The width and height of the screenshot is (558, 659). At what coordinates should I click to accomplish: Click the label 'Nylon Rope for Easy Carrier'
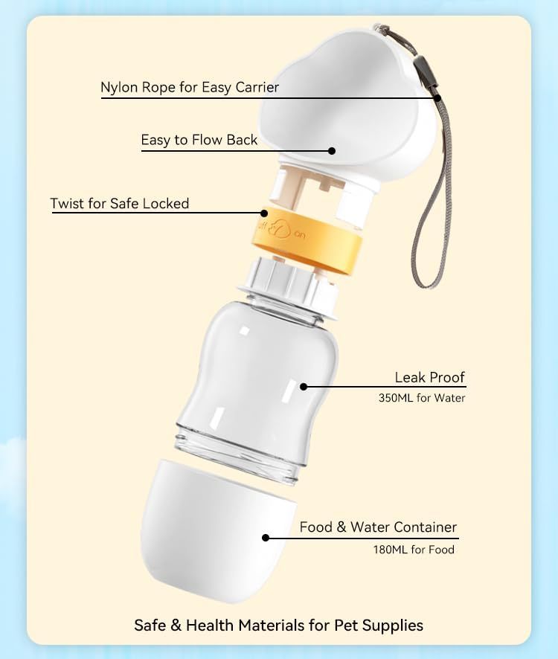pos(190,88)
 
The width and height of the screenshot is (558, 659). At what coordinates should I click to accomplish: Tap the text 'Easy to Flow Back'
pos(199,140)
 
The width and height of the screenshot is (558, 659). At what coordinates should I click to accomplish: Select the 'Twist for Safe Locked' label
pos(120,203)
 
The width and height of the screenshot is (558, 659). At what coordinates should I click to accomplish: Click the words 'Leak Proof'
pos(430,378)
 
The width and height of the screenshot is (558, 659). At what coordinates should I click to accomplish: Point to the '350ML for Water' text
pos(422,398)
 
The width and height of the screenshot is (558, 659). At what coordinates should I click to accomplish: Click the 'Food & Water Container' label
pos(378,527)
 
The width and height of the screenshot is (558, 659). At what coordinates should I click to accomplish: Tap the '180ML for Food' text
pos(414,550)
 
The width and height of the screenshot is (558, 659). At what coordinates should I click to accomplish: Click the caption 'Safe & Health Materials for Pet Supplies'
pos(279,625)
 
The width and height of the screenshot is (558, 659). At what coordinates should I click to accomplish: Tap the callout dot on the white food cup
pos(265,537)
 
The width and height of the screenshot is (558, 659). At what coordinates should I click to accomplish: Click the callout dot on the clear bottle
pos(303,386)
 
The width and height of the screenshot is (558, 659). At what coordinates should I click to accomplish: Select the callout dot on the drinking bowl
pos(332,150)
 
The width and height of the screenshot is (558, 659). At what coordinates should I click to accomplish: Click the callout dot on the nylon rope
pos(437,97)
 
